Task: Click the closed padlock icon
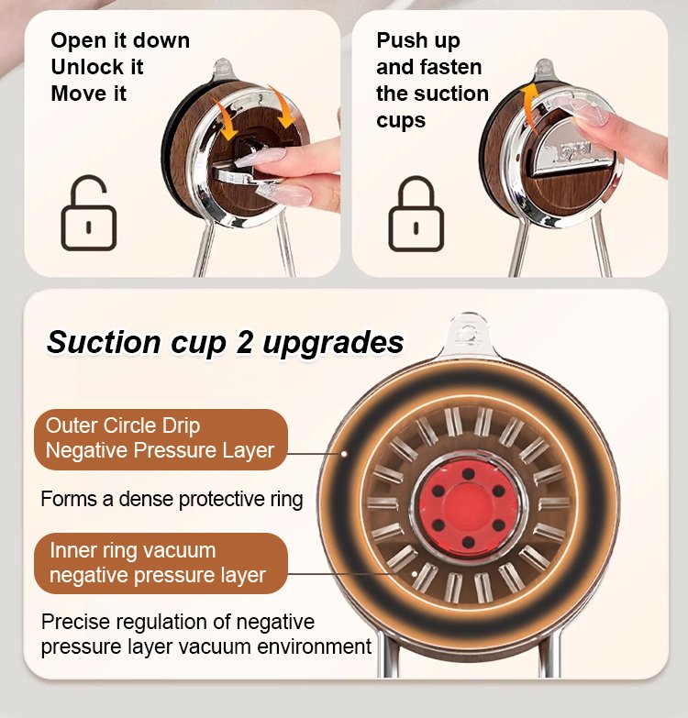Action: [x=416, y=215]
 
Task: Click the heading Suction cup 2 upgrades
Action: [x=225, y=342]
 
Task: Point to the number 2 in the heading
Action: [x=244, y=341]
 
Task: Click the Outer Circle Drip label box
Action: [x=161, y=439]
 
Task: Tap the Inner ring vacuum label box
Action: [x=161, y=563]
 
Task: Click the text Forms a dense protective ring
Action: [x=172, y=499]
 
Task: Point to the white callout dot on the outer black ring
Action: [x=344, y=454]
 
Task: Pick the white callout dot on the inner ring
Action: [x=414, y=573]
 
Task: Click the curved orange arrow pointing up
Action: [x=528, y=106]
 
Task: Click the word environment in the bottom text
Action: [x=314, y=647]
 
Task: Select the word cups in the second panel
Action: [x=401, y=121]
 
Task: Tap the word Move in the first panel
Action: [x=73, y=94]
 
